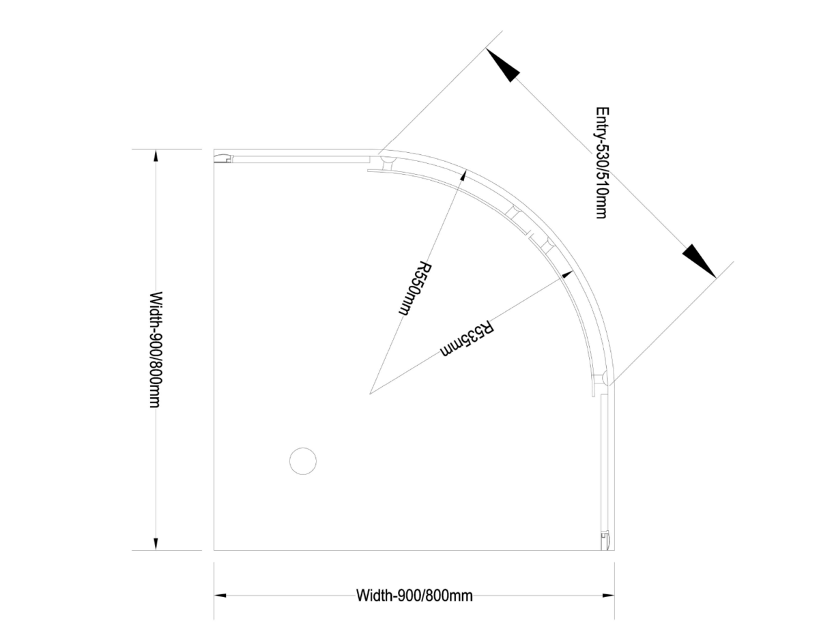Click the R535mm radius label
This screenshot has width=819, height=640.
[467, 338]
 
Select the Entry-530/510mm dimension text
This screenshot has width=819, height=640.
[602, 163]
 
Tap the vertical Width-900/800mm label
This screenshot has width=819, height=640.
[156, 349]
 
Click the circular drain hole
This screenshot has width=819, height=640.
[303, 461]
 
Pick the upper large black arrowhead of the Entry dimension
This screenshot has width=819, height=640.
[503, 65]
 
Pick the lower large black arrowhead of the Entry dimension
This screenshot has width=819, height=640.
[699, 261]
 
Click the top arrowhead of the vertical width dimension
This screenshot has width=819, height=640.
[156, 157]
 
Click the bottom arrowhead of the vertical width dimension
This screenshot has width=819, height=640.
[156, 543]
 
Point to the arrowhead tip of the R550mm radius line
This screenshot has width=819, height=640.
[467, 171]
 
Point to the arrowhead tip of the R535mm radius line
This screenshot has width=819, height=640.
[572, 271]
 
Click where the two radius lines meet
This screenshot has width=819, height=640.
[370, 394]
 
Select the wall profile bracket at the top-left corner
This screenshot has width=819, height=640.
[223, 159]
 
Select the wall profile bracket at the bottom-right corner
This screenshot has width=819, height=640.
[605, 541]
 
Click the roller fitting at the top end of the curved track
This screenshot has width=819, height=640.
[387, 163]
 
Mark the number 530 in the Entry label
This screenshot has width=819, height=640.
[602, 154]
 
